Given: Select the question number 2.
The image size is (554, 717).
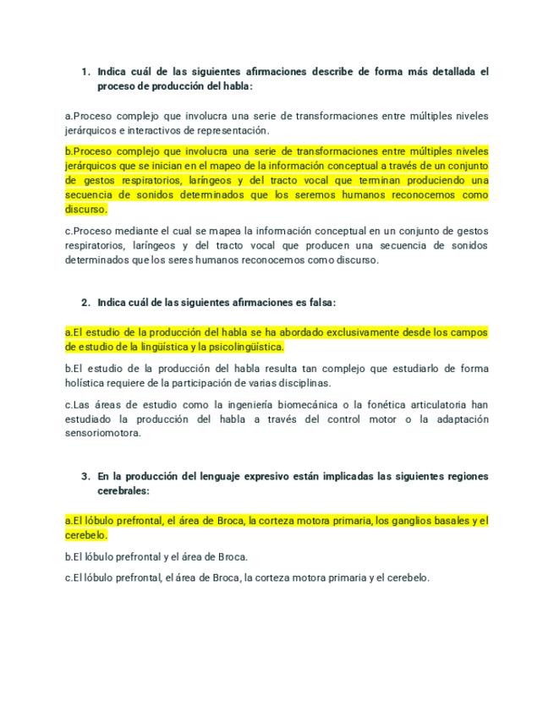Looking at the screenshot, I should pyautogui.click(x=85, y=302).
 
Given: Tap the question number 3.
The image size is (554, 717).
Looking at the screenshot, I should pyautogui.click(x=85, y=477).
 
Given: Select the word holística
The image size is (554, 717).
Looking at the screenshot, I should pyautogui.click(x=87, y=383).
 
